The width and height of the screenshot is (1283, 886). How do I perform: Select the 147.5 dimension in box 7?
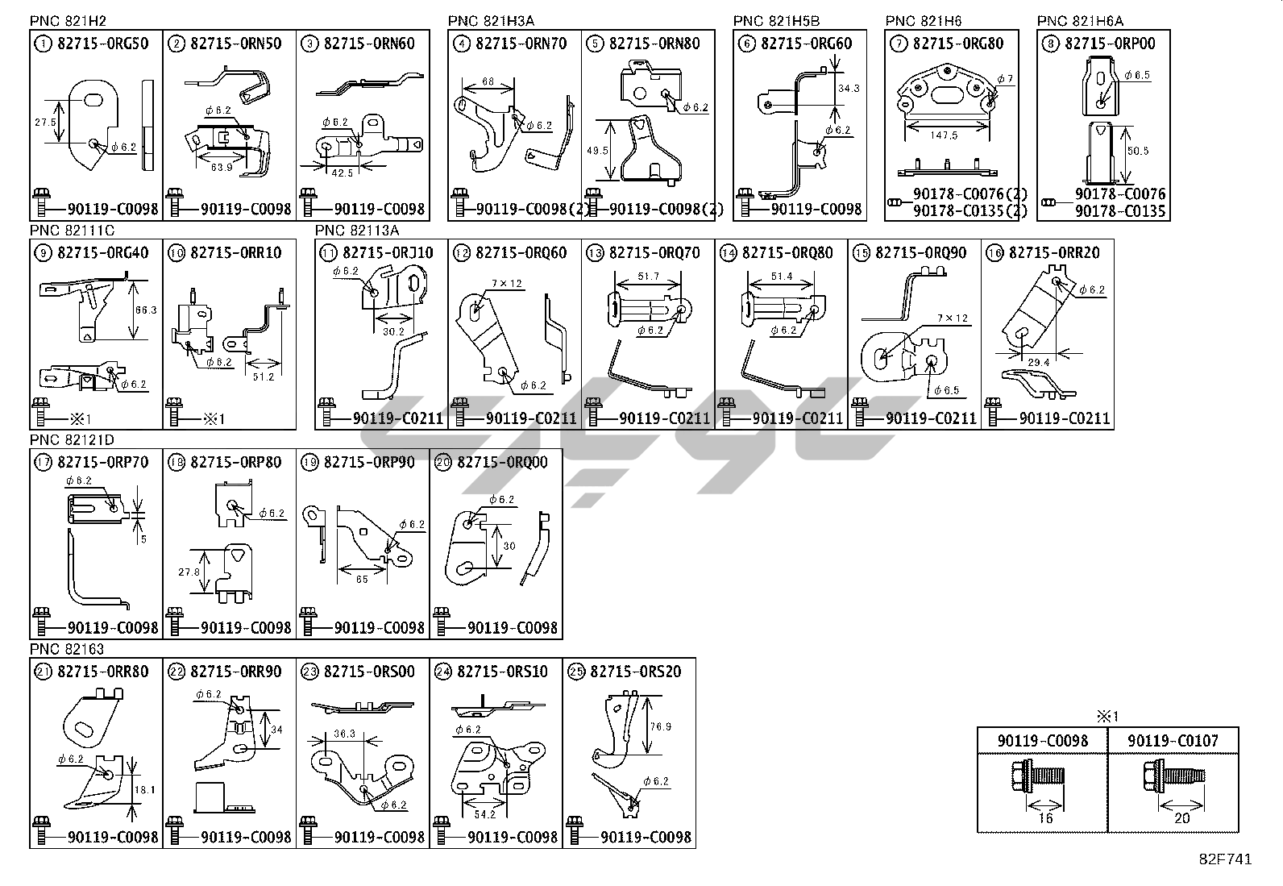(x=943, y=136)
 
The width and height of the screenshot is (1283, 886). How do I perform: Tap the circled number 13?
(x=595, y=253)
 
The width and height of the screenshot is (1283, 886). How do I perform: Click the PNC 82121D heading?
(x=73, y=439)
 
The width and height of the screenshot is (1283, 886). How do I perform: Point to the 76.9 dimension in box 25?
(x=660, y=726)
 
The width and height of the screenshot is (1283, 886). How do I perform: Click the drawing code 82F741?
(x=1225, y=859)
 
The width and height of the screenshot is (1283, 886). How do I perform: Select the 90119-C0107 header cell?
(x=1173, y=740)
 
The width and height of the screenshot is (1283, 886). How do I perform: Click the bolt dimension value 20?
(x=1181, y=817)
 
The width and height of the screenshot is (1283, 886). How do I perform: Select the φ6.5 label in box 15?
(x=947, y=390)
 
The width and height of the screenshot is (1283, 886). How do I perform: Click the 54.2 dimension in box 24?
(x=485, y=814)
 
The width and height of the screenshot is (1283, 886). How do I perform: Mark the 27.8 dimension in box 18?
(x=190, y=572)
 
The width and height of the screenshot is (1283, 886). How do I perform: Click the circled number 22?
(x=176, y=672)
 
